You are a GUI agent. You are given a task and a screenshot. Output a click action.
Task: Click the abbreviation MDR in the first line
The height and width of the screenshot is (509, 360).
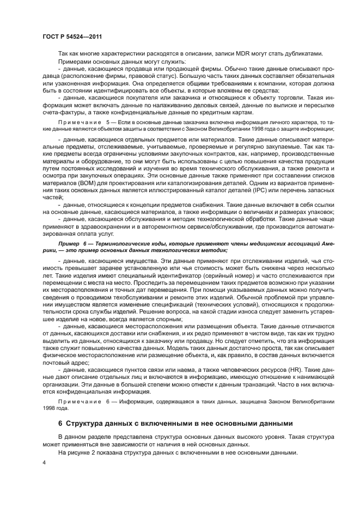(x=243, y=53)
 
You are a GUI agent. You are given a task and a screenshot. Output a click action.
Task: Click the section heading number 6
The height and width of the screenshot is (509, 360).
(x=60, y=423)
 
